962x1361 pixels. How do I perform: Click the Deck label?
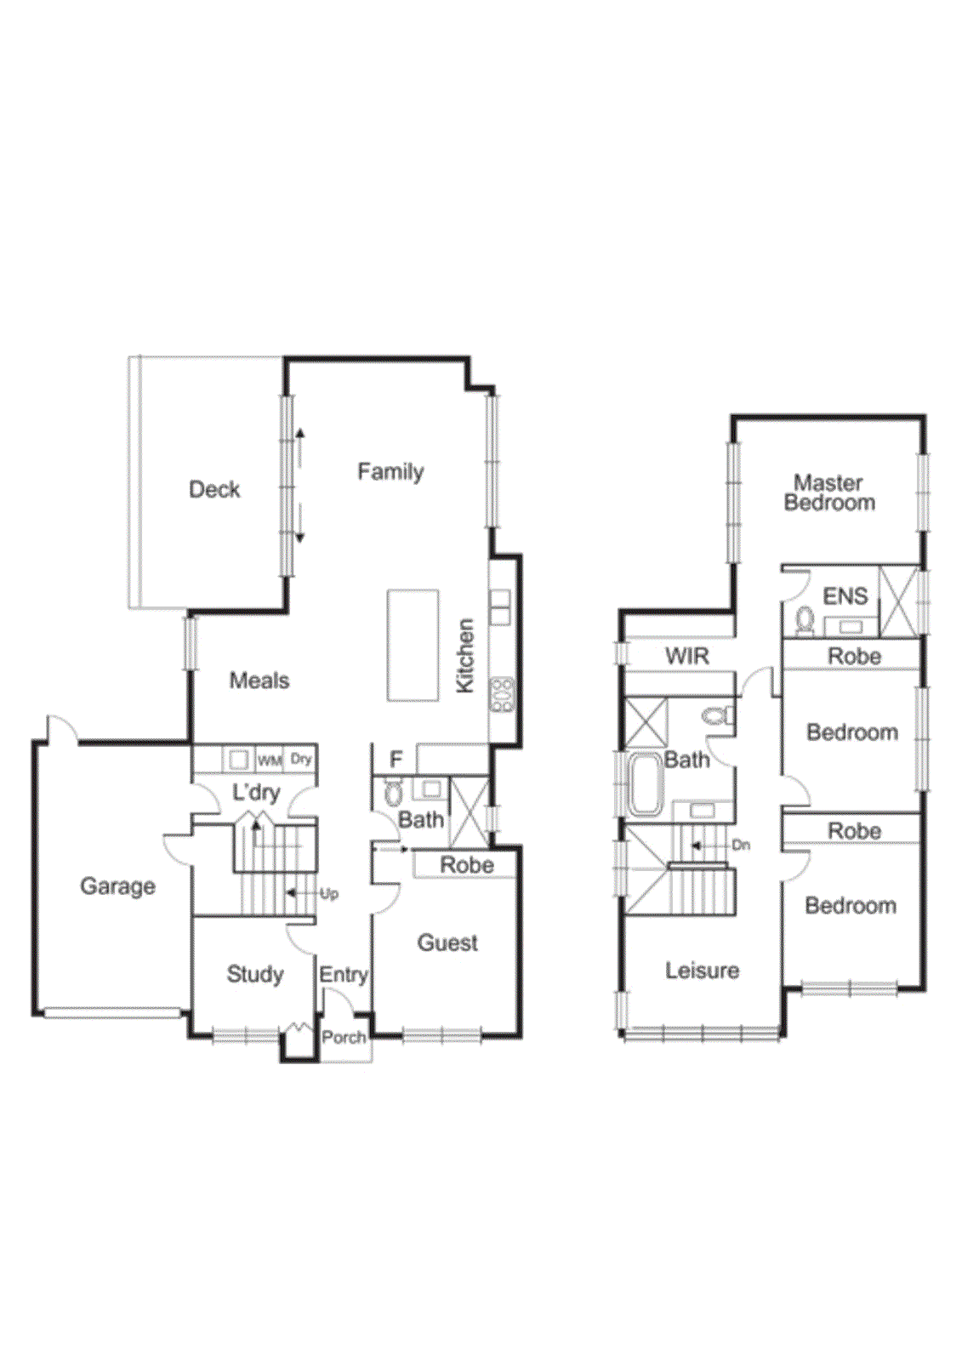pos(214,489)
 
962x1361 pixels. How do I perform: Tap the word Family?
pos(390,471)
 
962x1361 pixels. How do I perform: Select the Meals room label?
pos(259,680)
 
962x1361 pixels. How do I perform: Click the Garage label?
pos(117,886)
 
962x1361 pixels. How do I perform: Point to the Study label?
pos(254,974)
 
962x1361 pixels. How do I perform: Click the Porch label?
pos(344,1037)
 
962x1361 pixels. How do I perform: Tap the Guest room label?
pos(447,942)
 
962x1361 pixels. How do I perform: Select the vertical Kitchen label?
pos(464,655)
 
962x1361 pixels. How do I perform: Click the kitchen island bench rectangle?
pos(413,645)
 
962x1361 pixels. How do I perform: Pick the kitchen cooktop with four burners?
pos(502,694)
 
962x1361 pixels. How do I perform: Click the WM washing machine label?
pos(270,760)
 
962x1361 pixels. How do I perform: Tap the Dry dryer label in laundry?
pos(301,759)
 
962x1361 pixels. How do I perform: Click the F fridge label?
pos(396,759)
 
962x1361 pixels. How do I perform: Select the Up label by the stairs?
pos(329,893)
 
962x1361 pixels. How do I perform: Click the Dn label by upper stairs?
pos(741,845)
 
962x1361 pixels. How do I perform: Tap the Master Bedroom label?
pos(829,493)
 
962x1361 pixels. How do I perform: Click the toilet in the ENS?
pos(804,620)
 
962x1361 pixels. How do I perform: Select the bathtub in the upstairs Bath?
pos(645,784)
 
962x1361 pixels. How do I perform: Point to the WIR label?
pos(687,656)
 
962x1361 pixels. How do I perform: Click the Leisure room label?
pos(702,970)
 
